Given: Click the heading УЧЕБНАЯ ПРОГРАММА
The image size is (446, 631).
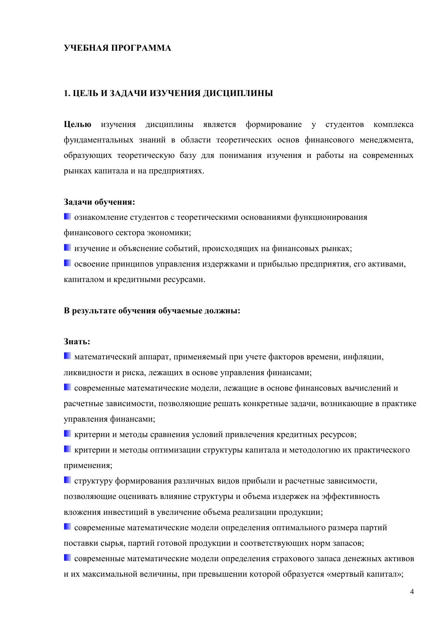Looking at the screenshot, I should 118,48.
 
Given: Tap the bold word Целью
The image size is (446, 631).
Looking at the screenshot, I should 78,125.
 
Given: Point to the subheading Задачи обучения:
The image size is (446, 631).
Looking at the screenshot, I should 100,202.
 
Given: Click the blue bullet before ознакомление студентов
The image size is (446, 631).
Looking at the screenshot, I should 68,217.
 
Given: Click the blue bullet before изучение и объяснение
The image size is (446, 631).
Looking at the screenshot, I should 68,248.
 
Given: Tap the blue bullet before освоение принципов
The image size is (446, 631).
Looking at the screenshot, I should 68,263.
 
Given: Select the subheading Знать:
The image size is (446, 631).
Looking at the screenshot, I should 77,341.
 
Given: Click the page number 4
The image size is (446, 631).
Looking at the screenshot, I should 412,592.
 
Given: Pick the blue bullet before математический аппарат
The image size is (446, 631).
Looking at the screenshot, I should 68,356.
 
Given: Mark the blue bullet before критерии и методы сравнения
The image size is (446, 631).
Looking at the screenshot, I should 68,434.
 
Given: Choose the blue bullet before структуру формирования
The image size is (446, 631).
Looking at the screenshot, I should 68,480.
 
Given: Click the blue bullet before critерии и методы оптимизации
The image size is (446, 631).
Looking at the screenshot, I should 68,449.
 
